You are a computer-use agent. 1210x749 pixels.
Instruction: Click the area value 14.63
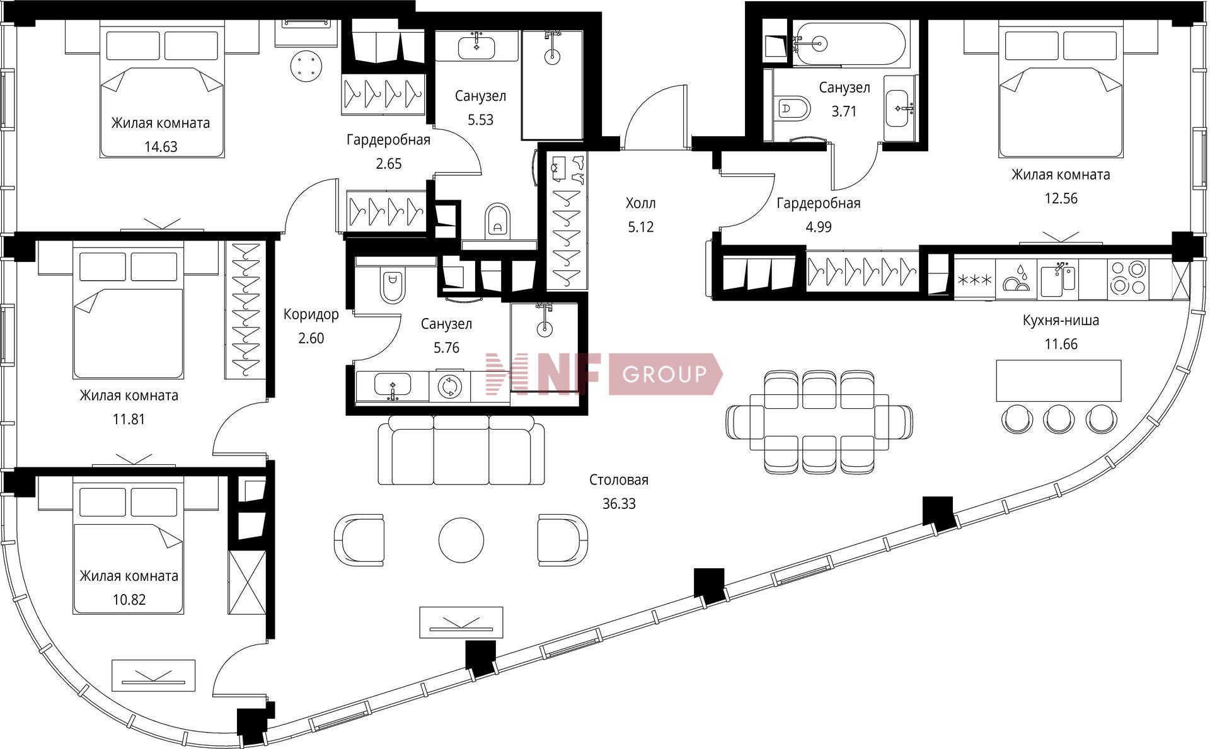click(161, 147)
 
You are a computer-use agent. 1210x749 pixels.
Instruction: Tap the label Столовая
click(619, 480)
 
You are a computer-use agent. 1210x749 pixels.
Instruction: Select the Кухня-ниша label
click(1061, 320)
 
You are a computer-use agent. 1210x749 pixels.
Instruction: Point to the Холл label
click(640, 203)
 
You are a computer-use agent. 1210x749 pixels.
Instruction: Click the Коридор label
click(311, 314)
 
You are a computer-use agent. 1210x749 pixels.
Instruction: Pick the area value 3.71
click(844, 111)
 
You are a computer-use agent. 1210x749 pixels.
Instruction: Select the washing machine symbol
click(450, 386)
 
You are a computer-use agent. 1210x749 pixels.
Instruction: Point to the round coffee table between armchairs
click(461, 540)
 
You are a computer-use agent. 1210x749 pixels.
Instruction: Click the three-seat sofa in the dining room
click(462, 450)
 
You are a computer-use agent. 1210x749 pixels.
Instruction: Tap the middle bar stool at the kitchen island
click(1059, 418)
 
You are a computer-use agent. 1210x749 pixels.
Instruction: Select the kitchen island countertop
click(1059, 380)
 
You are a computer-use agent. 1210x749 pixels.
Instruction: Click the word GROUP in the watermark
click(664, 375)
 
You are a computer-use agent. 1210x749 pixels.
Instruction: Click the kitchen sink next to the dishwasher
click(1058, 278)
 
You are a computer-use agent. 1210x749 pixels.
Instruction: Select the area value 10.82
click(129, 600)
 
